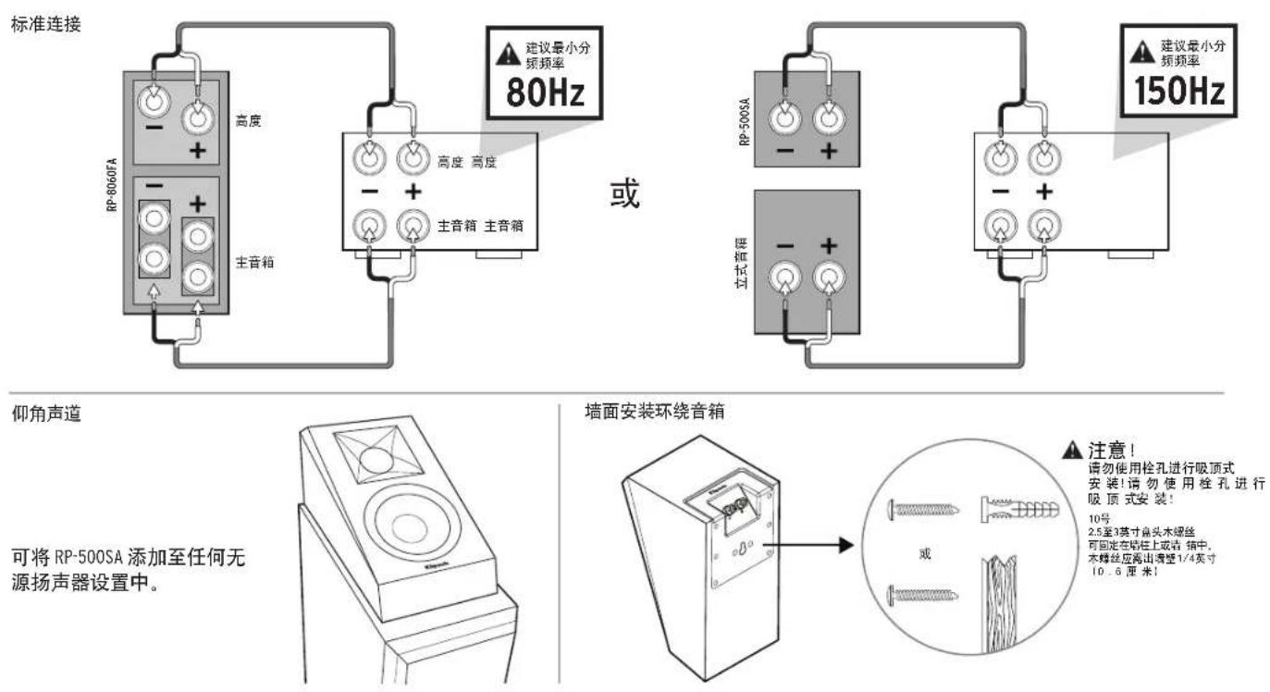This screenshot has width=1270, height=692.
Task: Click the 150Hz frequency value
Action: coord(1172,93)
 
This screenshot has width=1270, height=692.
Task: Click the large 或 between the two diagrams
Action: coord(625,195)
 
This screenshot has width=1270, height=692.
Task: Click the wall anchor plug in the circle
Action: coord(1013,509)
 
